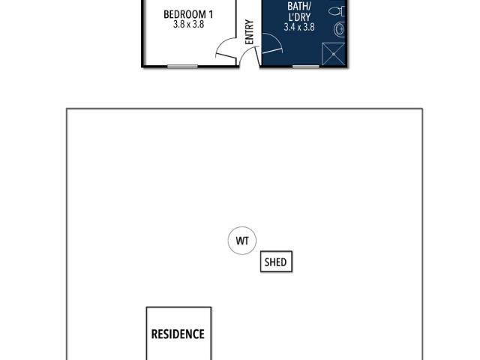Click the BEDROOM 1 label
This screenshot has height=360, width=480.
coord(188,14)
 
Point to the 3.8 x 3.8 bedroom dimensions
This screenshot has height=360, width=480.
coord(188,24)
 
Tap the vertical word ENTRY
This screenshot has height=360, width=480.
coord(250,32)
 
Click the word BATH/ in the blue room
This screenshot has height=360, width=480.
coord(299,6)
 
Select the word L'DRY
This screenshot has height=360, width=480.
coord(299,16)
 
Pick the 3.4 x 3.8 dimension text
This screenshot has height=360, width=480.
coord(299,27)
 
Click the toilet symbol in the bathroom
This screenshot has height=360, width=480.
coord(337,12)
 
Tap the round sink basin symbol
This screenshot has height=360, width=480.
coord(339,30)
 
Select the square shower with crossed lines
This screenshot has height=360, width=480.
coord(333,54)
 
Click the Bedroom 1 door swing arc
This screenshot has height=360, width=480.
coord(221,43)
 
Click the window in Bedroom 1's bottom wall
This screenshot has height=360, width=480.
coord(182,67)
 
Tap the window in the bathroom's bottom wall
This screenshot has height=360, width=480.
coord(306,67)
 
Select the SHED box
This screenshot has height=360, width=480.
coord(276,262)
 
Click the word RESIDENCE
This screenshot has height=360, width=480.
coord(178,334)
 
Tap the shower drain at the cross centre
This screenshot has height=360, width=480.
coord(333,54)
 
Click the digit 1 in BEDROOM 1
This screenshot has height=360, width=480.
coord(211,14)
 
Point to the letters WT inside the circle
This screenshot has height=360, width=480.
coord(242,241)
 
